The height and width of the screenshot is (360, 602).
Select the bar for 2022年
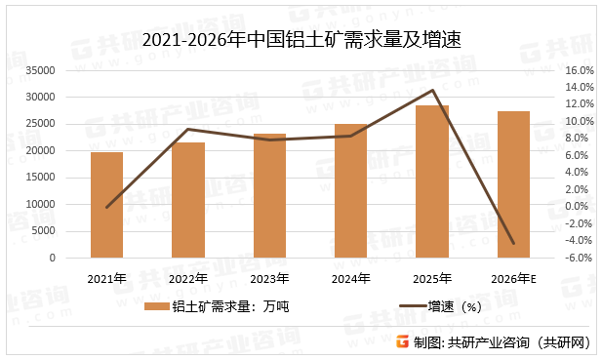[x=188, y=200]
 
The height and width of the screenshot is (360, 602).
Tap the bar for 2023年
[x=269, y=195]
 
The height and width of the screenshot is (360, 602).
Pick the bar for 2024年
[x=350, y=191]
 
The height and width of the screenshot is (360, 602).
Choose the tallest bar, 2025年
[x=432, y=181]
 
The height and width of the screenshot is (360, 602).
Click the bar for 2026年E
[x=513, y=184]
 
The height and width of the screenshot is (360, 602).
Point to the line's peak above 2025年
[x=432, y=91]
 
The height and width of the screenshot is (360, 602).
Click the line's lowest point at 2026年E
[x=513, y=244]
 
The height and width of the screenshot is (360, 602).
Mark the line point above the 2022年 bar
[x=188, y=129]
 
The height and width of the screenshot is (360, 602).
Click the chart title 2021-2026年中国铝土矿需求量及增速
[x=301, y=41]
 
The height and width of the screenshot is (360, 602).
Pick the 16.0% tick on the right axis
[x=578, y=70]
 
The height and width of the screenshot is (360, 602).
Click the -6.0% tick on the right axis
[x=578, y=259]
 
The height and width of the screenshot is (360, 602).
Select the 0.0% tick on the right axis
[x=580, y=207]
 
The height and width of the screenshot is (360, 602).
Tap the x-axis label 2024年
[x=350, y=278]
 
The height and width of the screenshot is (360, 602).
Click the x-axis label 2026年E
[x=513, y=278]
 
